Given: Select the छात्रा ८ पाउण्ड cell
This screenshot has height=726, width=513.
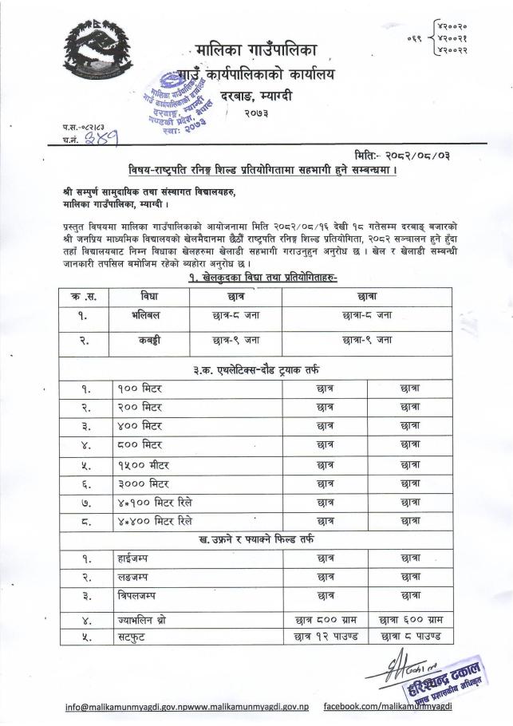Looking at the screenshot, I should pos(408,637).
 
